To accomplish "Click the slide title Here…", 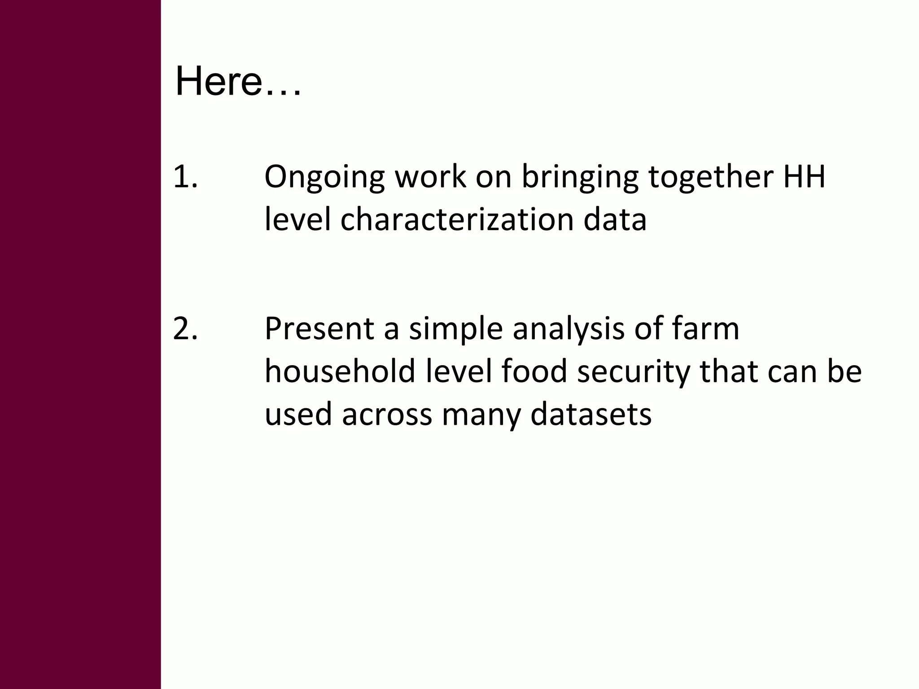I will point(238,82).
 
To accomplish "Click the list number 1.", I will point(185,177).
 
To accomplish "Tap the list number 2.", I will point(185,329).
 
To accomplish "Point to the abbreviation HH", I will point(804,177).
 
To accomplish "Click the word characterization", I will point(457,220).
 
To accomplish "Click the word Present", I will point(319,329).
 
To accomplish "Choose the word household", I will point(340,372).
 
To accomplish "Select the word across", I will point(387,415).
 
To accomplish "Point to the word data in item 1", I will point(615,220).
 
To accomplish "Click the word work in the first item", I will point(430,177).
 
